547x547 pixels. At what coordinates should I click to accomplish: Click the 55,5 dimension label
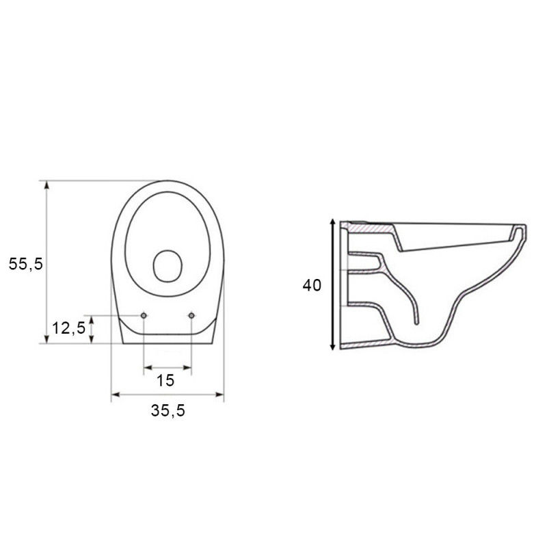(x=26, y=263)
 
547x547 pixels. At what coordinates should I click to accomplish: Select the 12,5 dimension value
(x=69, y=328)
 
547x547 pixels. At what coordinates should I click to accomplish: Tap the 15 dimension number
(x=165, y=379)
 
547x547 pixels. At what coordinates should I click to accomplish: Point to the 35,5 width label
(x=168, y=410)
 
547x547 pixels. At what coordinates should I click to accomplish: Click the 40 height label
(x=312, y=286)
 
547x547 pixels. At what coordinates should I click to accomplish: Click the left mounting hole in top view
(x=144, y=315)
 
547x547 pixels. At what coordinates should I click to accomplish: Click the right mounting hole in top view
(x=192, y=315)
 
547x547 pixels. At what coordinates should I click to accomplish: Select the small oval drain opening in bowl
(x=166, y=266)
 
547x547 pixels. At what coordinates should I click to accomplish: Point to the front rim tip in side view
(x=525, y=230)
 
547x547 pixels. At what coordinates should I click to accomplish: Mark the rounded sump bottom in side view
(x=417, y=345)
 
